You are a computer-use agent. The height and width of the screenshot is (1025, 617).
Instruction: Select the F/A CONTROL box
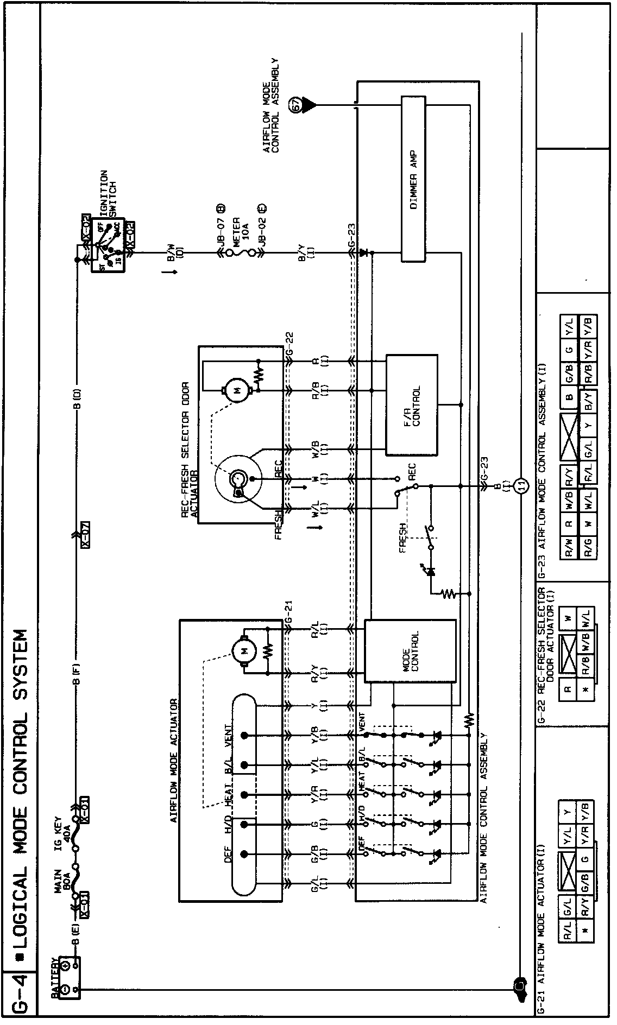(411, 406)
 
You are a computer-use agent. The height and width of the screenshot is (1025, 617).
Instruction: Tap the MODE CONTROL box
(410, 651)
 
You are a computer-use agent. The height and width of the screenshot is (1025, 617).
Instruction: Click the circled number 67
(297, 105)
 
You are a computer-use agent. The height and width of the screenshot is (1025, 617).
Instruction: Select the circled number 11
(521, 485)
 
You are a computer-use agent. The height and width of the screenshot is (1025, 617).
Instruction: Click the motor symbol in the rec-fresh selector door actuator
(235, 390)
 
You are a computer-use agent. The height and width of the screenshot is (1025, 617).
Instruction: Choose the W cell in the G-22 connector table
(568, 617)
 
